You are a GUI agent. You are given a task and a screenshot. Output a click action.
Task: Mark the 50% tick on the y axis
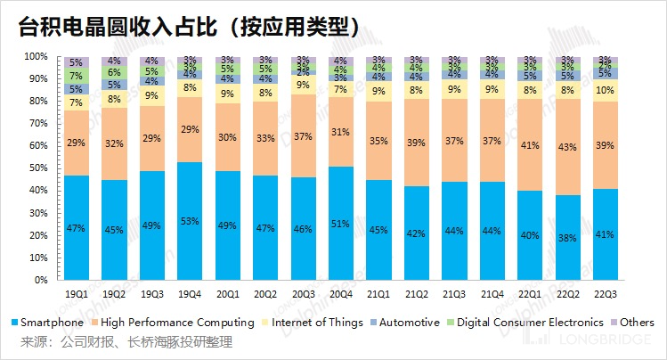click(x=37, y=168)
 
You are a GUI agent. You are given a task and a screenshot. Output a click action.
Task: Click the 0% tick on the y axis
click(x=39, y=280)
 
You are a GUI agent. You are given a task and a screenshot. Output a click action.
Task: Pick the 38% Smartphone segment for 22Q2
click(x=565, y=237)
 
